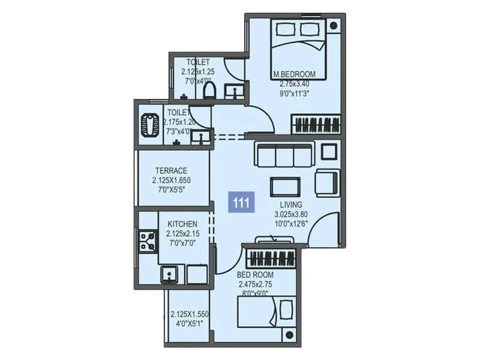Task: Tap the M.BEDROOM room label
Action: [x=298, y=75]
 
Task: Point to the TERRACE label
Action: [x=171, y=170]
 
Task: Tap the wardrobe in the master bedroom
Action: [x=316, y=125]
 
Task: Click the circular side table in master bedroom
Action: [x=334, y=25]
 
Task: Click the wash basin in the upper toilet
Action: [x=233, y=91]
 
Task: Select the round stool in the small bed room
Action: [x=289, y=335]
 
